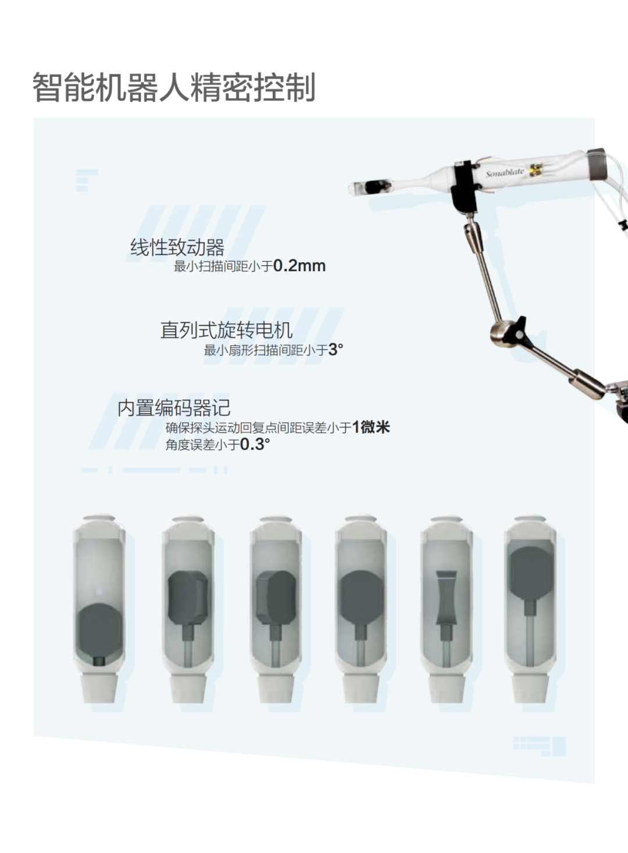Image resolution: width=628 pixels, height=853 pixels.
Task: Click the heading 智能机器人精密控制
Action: pos(174,87)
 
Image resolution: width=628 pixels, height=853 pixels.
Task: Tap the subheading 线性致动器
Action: pos(177,247)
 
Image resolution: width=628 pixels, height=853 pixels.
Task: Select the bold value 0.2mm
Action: pos(299,266)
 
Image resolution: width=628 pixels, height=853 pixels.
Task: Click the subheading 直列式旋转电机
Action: pos(226,330)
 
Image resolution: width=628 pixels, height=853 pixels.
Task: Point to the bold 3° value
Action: pos(336,350)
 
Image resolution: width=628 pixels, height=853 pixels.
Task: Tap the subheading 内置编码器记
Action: pos(174,408)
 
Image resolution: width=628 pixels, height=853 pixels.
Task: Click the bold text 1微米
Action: pos(371,427)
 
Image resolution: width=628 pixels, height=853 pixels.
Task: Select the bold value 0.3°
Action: pos(255,444)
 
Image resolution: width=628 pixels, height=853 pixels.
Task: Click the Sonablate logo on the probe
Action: pos(505,173)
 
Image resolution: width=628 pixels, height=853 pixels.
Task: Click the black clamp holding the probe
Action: pos(463,186)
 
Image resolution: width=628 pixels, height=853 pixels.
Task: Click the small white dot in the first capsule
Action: pos(99,591)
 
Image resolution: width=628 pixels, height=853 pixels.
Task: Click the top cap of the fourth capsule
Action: pos(361,519)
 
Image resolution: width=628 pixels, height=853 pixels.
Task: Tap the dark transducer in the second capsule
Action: pos(188,598)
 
